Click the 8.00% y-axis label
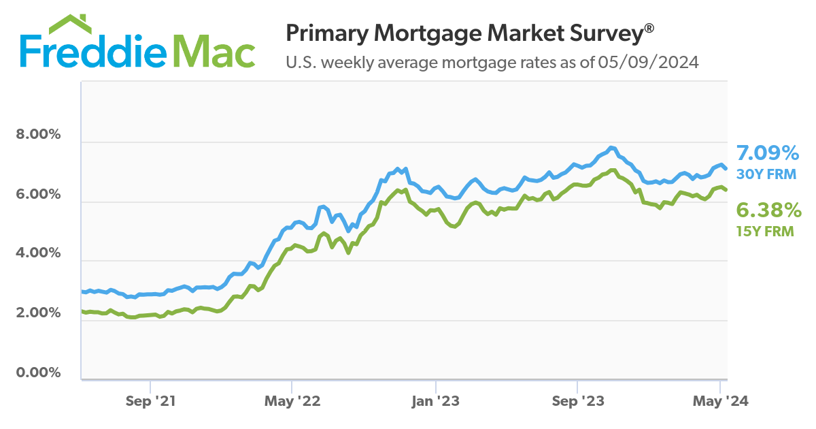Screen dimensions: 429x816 [x=38, y=134]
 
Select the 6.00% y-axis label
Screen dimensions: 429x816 [x=38, y=194]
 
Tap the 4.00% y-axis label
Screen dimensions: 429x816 [x=38, y=253]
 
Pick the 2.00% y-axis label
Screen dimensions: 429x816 [x=38, y=313]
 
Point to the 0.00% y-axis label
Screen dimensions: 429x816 [x=38, y=372]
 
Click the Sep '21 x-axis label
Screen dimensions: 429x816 [x=150, y=402]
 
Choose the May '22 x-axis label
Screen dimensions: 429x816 [x=292, y=402]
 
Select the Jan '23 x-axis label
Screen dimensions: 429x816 [x=435, y=402]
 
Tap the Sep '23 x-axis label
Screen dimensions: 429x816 [x=577, y=402]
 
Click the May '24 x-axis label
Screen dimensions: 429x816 [x=720, y=402]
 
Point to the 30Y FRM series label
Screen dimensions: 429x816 [x=766, y=174]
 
